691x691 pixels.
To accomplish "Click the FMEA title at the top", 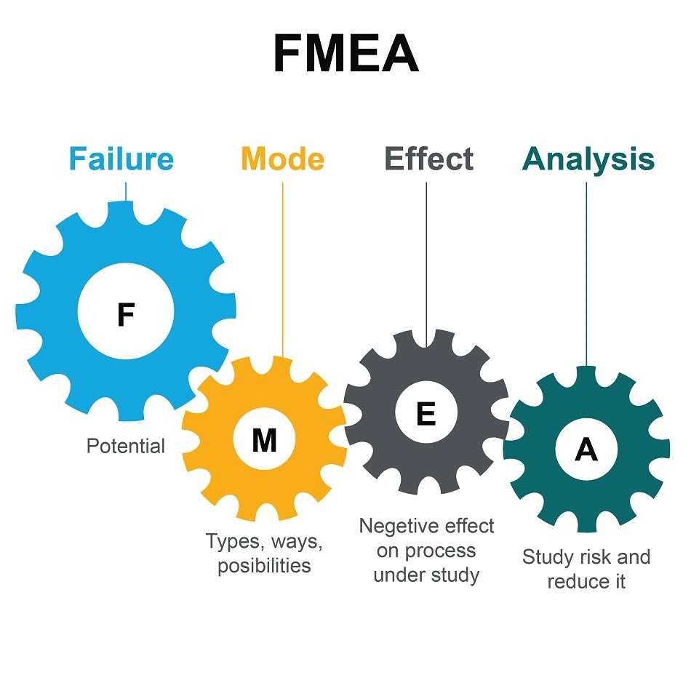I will (345, 54).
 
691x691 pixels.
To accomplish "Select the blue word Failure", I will (121, 159).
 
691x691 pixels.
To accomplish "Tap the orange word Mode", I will (282, 159).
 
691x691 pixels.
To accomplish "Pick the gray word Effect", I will (428, 159).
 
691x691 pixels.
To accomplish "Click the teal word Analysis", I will (588, 159).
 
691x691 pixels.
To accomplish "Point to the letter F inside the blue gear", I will (126, 315).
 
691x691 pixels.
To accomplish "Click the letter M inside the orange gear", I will (264, 441).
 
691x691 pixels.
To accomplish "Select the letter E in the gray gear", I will (426, 414).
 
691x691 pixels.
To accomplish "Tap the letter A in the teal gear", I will (586, 451).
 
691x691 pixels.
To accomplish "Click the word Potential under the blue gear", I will (126, 446).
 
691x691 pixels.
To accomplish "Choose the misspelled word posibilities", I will (264, 565).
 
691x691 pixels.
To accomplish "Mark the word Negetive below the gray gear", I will (397, 526).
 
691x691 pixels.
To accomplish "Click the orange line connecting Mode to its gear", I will (282, 269).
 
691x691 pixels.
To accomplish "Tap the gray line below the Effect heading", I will (426, 255).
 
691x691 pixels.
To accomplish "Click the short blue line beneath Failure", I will (126, 191).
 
